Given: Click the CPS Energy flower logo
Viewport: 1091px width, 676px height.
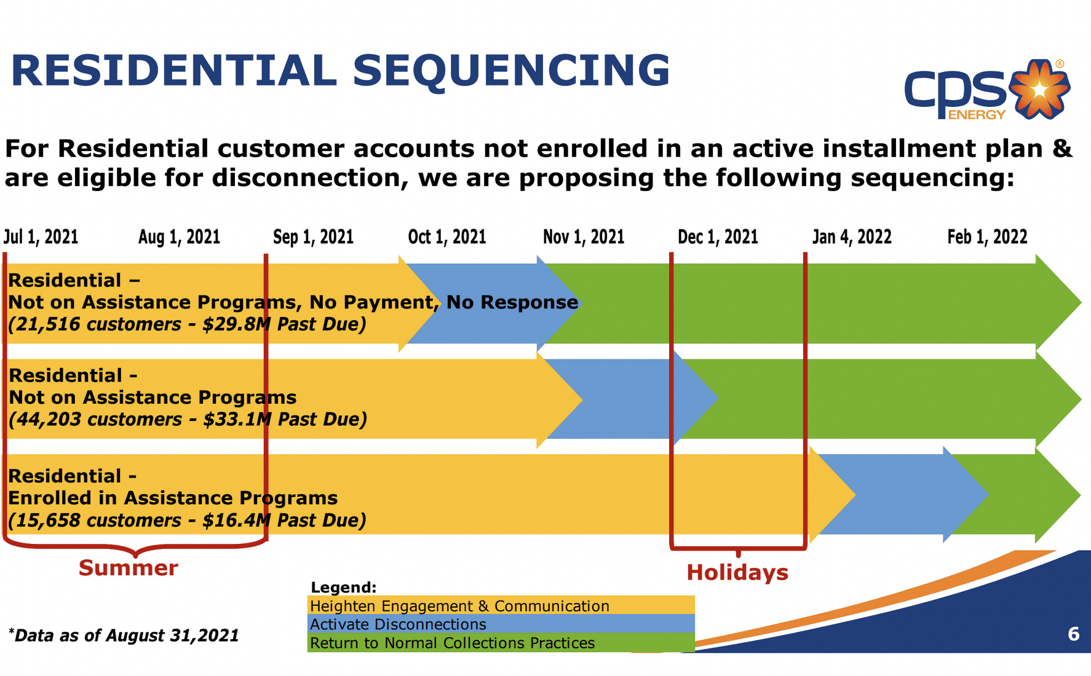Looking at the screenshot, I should [x=1039, y=90].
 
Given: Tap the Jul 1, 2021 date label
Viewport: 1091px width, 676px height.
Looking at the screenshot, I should [x=41, y=237].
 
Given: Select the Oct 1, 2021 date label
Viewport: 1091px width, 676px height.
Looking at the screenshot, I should [x=446, y=237].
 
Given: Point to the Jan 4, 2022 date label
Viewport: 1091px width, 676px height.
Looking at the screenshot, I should [x=851, y=237].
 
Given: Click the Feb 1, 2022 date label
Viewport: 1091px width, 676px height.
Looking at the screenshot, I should [x=986, y=237].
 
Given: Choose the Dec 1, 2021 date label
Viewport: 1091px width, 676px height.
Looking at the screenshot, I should [x=717, y=237].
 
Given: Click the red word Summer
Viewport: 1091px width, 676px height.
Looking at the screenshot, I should [x=128, y=568].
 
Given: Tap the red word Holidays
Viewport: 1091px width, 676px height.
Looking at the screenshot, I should [x=737, y=573].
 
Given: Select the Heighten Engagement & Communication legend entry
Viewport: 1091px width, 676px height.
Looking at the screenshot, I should [x=459, y=606].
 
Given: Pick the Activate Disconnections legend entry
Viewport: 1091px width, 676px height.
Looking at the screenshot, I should [x=398, y=624].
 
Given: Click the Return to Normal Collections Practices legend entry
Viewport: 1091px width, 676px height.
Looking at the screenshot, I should [x=452, y=643].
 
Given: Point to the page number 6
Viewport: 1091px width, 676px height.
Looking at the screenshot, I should [x=1073, y=634].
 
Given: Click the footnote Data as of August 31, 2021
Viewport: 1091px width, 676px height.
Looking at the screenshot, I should [x=126, y=635].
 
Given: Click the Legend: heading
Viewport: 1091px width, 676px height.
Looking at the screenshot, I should [x=343, y=588].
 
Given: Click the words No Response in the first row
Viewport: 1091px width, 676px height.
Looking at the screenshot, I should [x=512, y=302].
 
